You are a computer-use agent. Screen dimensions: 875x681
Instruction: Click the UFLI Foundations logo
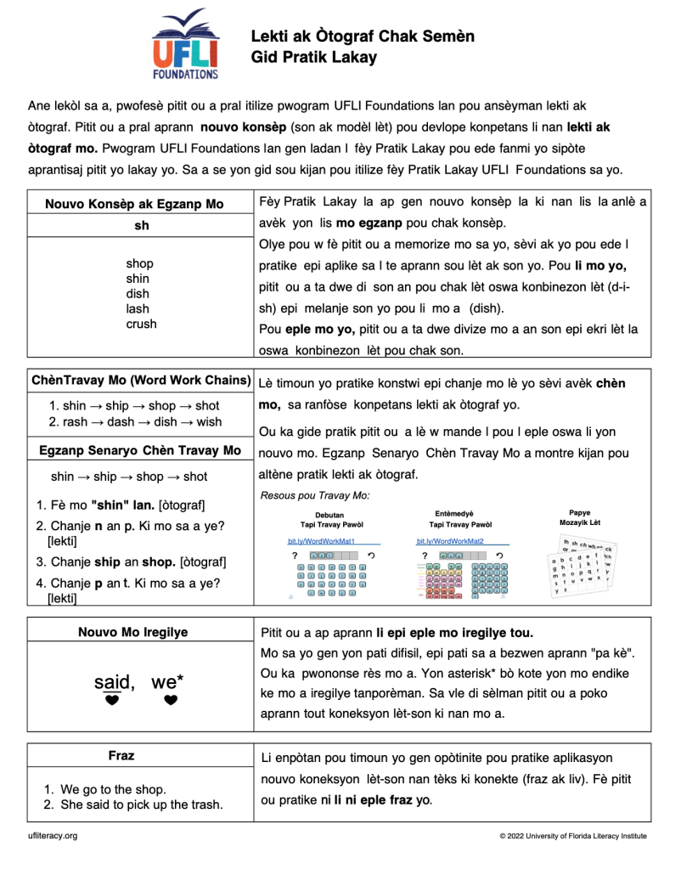(185, 44)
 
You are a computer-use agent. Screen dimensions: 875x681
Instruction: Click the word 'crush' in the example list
(141, 325)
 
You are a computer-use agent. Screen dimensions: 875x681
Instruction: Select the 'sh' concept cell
(141, 227)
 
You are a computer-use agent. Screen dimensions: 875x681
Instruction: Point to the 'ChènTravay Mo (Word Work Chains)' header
(141, 381)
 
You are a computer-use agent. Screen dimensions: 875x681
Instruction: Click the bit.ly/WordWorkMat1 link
(321, 541)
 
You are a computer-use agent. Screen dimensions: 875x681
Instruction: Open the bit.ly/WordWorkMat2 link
(450, 541)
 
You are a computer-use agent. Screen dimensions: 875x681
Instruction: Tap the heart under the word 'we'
(171, 701)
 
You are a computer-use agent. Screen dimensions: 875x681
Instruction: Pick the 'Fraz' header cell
(121, 755)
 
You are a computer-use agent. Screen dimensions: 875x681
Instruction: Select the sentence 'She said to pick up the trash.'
(142, 804)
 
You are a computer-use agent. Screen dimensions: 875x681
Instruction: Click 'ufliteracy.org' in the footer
(53, 836)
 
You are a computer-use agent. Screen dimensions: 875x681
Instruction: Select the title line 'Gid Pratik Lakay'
(313, 58)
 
